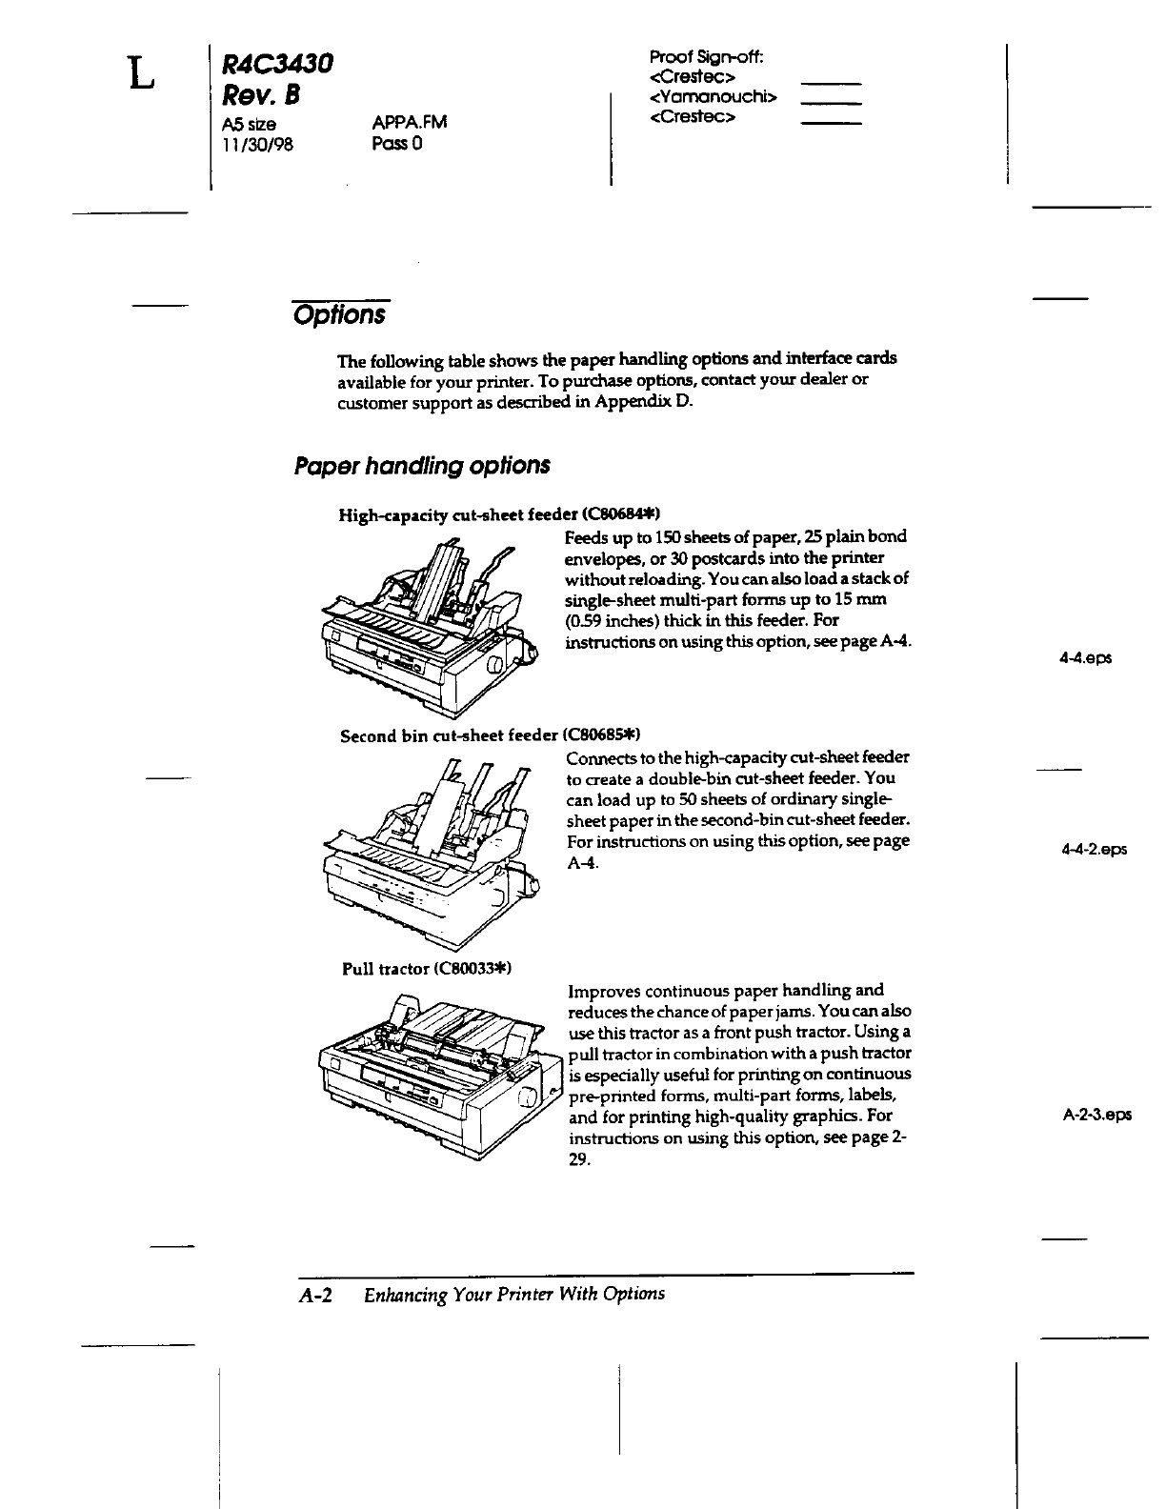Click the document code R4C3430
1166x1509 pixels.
(277, 64)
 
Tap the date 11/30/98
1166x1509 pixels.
(257, 144)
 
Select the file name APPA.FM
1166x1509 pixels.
(410, 122)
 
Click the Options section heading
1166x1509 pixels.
(340, 314)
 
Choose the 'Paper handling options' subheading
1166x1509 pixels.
(422, 466)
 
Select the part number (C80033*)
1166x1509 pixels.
(472, 969)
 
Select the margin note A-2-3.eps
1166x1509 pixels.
(1097, 1115)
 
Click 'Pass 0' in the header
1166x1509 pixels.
(396, 144)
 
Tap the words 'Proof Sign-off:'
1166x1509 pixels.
(707, 56)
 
